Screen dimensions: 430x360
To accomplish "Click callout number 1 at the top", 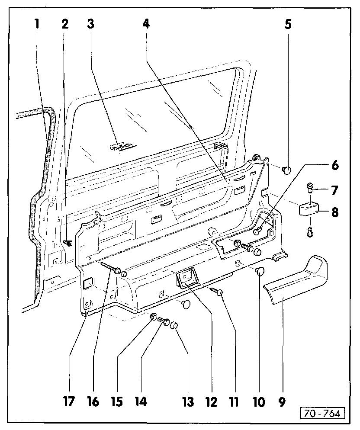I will tap(37, 24).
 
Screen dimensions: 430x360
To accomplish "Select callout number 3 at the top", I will tap(90, 24).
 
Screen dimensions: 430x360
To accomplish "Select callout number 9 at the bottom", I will tap(282, 401).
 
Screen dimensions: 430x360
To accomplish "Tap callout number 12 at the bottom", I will tap(211, 401).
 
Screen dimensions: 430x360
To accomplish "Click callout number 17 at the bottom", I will tap(69, 401).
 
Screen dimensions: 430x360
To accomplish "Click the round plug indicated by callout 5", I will tap(286, 170).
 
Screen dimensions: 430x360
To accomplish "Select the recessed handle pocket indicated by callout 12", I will tap(187, 277).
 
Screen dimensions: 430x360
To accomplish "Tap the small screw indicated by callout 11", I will tap(217, 292).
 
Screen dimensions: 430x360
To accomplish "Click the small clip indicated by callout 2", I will tap(68, 243).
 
